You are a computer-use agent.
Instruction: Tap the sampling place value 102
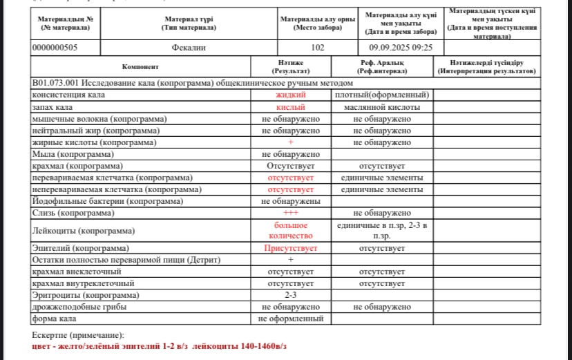coord(318,48)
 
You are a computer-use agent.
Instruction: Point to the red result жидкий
coord(290,95)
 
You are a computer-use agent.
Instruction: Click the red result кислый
coord(290,107)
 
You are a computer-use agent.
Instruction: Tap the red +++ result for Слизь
coord(290,213)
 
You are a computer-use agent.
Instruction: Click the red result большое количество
coord(290,230)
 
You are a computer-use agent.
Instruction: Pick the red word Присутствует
coord(290,247)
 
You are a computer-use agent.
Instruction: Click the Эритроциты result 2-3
coord(290,295)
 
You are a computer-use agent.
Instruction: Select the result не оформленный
coord(290,319)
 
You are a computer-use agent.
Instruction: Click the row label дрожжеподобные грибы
coord(79,307)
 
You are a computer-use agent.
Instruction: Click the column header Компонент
coord(140,67)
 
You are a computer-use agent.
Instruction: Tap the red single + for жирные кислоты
coord(290,142)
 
